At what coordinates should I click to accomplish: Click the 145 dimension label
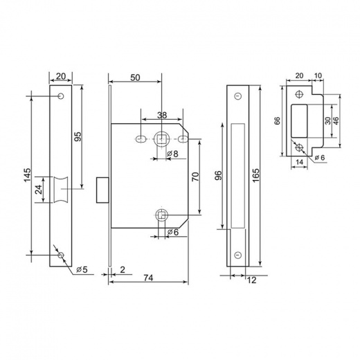[28, 175]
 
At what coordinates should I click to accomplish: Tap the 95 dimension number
[78, 136]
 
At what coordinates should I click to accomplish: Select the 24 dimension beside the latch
[39, 190]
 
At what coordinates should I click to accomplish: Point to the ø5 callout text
[82, 269]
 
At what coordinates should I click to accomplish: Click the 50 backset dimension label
[135, 78]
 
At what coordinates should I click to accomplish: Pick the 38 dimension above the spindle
[162, 115]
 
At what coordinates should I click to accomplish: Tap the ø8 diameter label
[172, 154]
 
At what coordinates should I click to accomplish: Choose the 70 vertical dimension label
[195, 177]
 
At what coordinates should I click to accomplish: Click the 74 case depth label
[148, 278]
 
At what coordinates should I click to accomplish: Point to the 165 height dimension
[255, 176]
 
